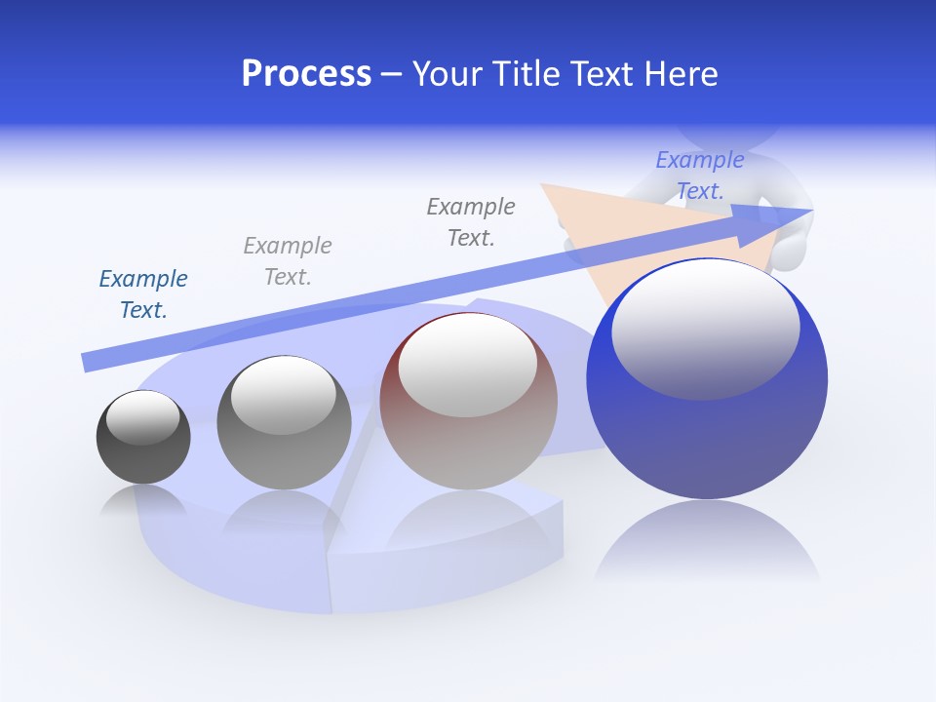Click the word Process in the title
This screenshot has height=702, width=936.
(306, 74)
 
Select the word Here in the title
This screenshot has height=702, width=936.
(682, 74)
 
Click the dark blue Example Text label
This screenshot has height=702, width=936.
(143, 294)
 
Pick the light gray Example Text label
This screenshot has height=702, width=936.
(288, 261)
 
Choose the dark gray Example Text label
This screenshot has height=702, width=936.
(471, 222)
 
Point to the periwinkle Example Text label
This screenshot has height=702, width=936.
(700, 175)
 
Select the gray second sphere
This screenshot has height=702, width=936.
(284, 458)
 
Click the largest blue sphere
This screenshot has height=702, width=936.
(707, 439)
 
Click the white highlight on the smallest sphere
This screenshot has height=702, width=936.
(142, 416)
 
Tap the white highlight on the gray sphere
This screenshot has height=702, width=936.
(283, 394)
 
